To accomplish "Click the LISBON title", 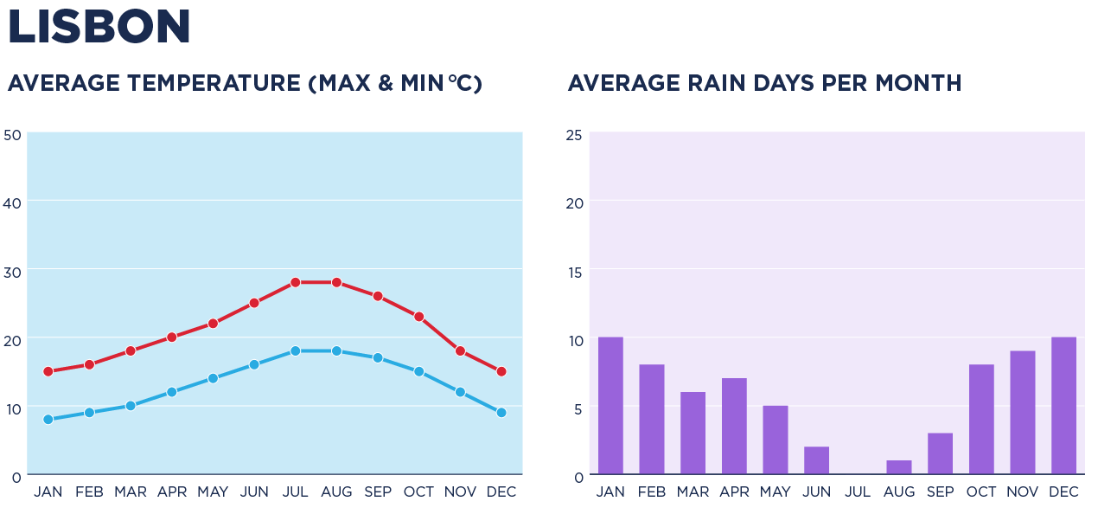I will pos(99,27).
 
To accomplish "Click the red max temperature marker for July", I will pos(295,282).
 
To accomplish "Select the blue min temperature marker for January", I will pos(48,420).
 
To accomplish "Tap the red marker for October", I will pos(418,317).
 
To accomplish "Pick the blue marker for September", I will pos(378,357).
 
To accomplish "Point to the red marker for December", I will pos(501,371).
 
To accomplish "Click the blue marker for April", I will pos(172,392).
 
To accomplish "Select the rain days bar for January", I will pos(610,406).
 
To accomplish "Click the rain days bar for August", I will pos(899,467).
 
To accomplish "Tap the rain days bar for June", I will pos(816,460).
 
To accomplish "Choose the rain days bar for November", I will pos(1023,413).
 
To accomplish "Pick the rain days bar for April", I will pos(734,427).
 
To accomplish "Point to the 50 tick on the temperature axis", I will pos(12,135).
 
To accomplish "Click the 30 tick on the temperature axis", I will pos(12,272).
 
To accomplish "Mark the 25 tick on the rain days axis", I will pos(574,135).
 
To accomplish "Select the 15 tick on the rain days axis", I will pos(574,272).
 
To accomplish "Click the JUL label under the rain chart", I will pos(858,492).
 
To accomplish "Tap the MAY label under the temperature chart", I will pos(213,492).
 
